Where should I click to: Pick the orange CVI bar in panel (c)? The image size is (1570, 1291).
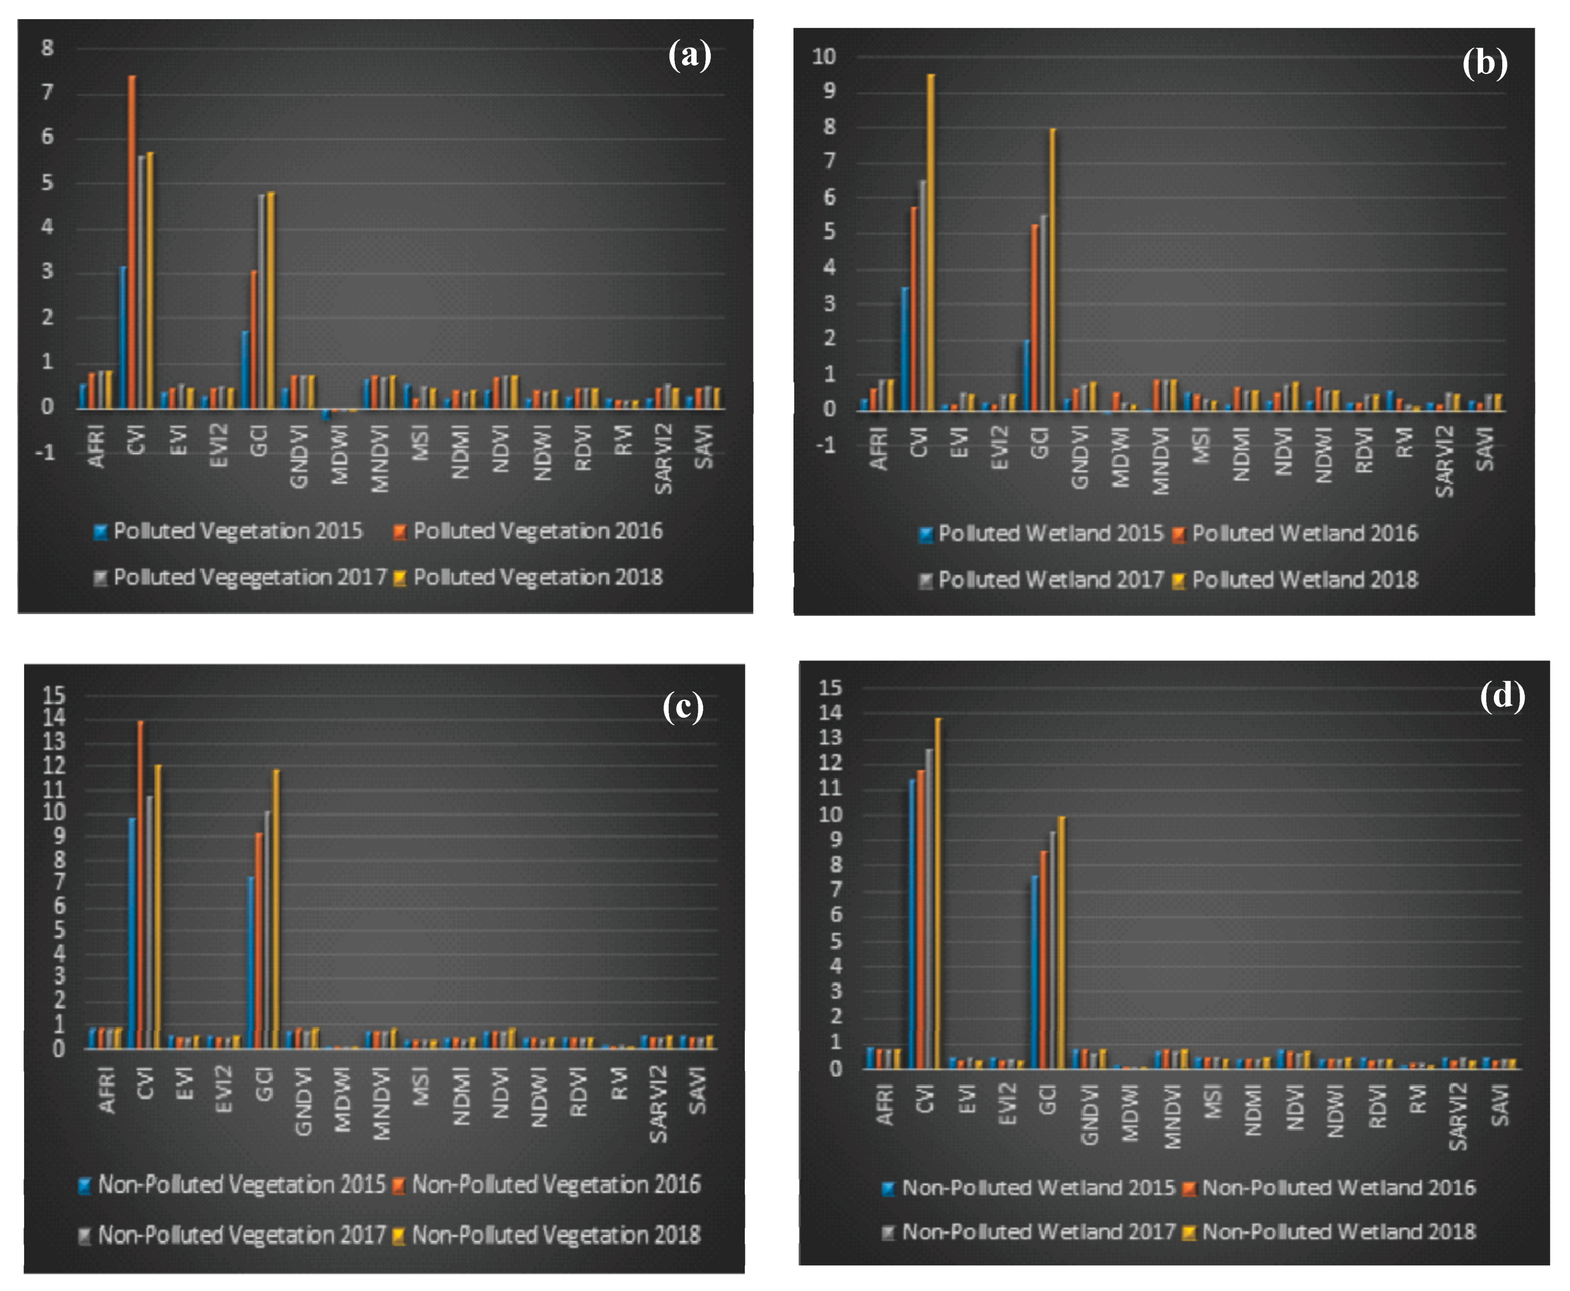pyautogui.click(x=141, y=885)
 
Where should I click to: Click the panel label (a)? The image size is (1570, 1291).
pyautogui.click(x=689, y=55)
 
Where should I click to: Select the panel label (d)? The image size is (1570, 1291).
pyautogui.click(x=1502, y=695)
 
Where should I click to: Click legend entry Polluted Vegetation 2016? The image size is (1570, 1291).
pyautogui.click(x=536, y=531)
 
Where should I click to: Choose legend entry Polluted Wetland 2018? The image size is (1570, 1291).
pyautogui.click(x=1304, y=580)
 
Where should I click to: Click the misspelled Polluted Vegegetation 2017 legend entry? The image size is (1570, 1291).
pyautogui.click(x=249, y=577)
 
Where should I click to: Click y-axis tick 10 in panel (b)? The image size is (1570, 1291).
pyautogui.click(x=824, y=56)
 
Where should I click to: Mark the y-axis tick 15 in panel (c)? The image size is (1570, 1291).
pyautogui.click(x=54, y=695)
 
